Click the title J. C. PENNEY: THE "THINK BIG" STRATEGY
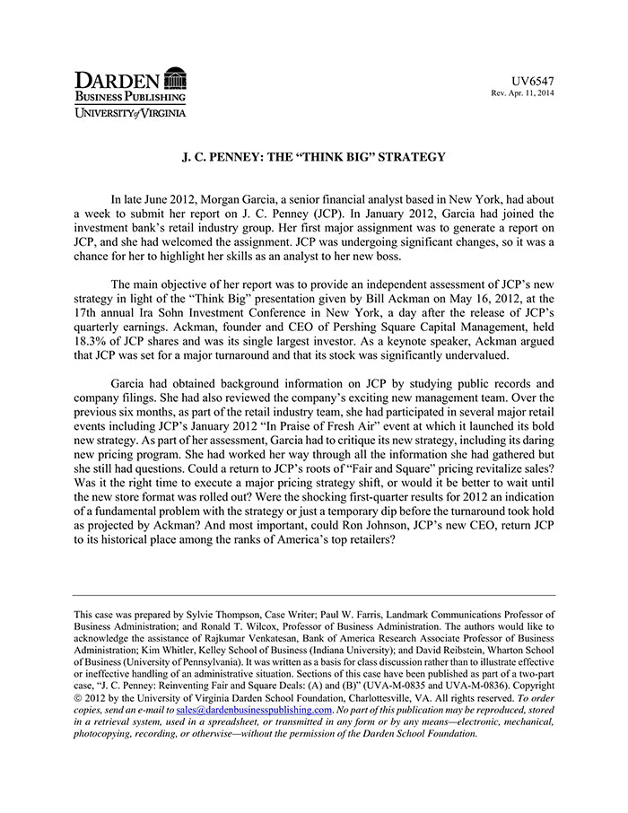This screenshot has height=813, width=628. pyautogui.click(x=314, y=157)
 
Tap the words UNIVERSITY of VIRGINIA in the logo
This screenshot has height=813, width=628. pyautogui.click(x=130, y=112)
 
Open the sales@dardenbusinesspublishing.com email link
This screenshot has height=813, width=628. pyautogui.click(x=254, y=710)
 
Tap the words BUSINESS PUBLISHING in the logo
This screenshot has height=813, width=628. pyautogui.click(x=130, y=96)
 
